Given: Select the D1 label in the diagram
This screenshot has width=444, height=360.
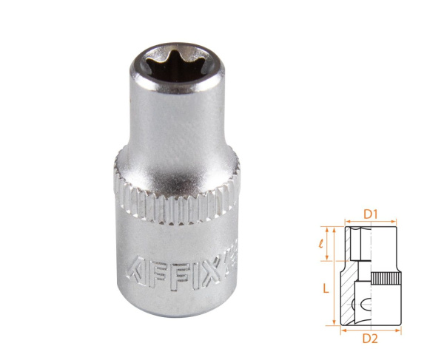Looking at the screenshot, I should (371, 214).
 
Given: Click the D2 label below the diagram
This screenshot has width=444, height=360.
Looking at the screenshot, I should (371, 340).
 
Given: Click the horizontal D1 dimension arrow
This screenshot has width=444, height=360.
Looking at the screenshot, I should (371, 221).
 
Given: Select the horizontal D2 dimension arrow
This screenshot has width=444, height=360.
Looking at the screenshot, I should (371, 330).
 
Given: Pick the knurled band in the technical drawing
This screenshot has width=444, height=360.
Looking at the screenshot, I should (385, 280).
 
